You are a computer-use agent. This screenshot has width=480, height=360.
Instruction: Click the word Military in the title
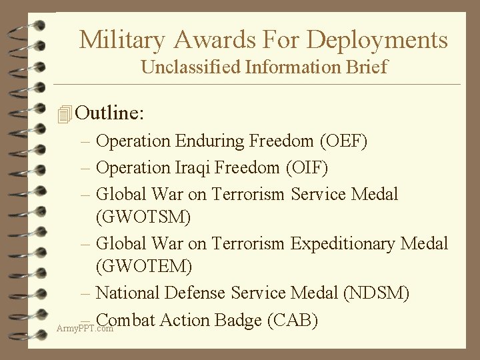tap(119, 40)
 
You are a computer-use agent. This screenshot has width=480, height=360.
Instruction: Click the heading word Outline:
tap(109, 113)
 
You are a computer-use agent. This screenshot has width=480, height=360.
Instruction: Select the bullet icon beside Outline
tap(64, 114)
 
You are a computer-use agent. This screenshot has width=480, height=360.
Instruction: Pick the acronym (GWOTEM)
tap(145, 267)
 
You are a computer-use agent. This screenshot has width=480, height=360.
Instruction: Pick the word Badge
tap(235, 320)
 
